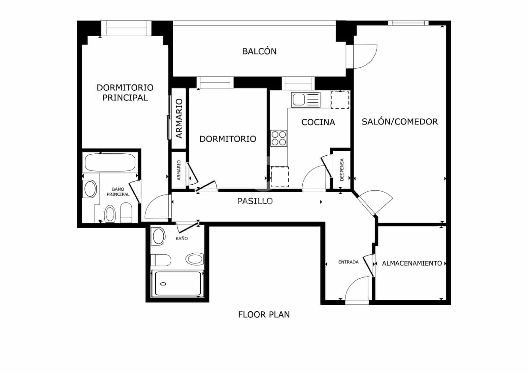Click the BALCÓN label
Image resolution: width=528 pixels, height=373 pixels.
pos(259,51)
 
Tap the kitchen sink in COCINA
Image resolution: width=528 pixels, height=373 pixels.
pos(306,100)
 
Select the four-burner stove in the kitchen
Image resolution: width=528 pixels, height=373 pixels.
pos(279,138)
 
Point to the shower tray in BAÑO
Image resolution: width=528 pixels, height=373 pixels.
pos(178,283)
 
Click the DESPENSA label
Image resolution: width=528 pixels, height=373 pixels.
pos(342,170)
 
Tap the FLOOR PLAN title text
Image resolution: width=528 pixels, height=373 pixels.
pos(264,315)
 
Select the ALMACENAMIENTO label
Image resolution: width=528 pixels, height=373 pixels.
pos(412,263)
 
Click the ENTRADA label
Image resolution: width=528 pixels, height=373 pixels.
pos(348,262)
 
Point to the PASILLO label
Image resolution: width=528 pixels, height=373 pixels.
pos(255,201)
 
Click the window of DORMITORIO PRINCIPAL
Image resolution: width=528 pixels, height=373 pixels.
pos(126,28)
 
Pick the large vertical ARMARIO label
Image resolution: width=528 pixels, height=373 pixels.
pos(179,118)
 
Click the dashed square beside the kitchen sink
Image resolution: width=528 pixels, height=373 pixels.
pos(340,100)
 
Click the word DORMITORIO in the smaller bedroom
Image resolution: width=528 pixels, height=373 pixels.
pos(228,139)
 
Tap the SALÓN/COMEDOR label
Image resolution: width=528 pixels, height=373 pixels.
pos(400,122)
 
